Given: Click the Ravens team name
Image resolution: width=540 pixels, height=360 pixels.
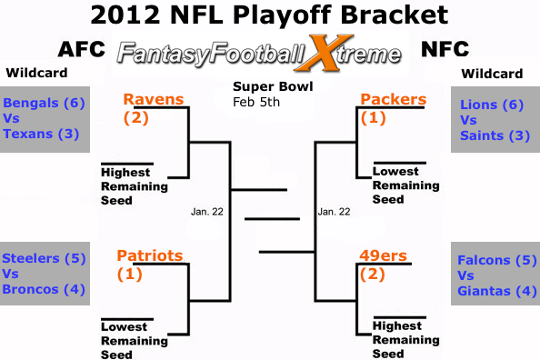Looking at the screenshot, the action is tap(154, 99).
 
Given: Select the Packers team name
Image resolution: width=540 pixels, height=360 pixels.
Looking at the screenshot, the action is tap(394, 99).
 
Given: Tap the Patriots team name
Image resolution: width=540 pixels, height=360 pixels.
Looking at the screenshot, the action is tap(150, 255).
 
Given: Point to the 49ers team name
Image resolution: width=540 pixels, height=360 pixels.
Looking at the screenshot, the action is tap(384, 255).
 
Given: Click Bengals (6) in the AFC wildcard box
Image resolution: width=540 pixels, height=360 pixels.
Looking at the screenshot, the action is tap(44, 103).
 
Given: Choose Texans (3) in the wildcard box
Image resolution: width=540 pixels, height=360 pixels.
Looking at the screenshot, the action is tap(41, 134).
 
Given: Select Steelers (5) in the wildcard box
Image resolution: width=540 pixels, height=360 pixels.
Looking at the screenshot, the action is tap(44, 258).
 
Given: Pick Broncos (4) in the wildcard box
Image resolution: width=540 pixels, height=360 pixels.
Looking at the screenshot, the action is tap(44, 289).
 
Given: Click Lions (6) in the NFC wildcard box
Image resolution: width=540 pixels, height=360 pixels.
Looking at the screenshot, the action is tap(492, 105).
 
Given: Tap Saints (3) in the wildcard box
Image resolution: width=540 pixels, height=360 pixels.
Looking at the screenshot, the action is tap(495, 135).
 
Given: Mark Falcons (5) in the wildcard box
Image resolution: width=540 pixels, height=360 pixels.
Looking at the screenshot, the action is tap(497, 260).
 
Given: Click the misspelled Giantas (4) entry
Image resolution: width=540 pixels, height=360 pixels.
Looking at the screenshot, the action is tap(497, 291).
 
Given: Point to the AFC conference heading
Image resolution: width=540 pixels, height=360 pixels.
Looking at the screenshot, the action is tap(82, 49).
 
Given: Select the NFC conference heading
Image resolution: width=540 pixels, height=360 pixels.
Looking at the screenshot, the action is tap(445, 49).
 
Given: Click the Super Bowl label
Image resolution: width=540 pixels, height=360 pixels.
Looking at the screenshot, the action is tap(273, 86).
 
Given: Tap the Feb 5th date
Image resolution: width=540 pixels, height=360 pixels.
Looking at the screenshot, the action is tap(256, 102).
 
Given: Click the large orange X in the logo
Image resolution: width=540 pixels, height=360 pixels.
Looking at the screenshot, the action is tap(323, 53).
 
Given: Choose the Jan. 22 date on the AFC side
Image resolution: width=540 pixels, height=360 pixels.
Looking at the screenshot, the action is tap(207, 212).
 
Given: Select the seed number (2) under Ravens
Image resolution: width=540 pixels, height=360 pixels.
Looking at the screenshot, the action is tap(136, 118).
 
